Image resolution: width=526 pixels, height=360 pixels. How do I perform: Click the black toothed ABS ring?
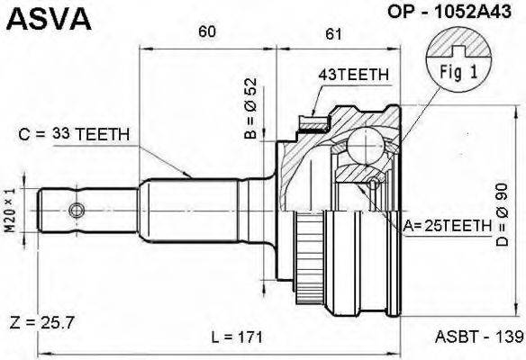point(308,250)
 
